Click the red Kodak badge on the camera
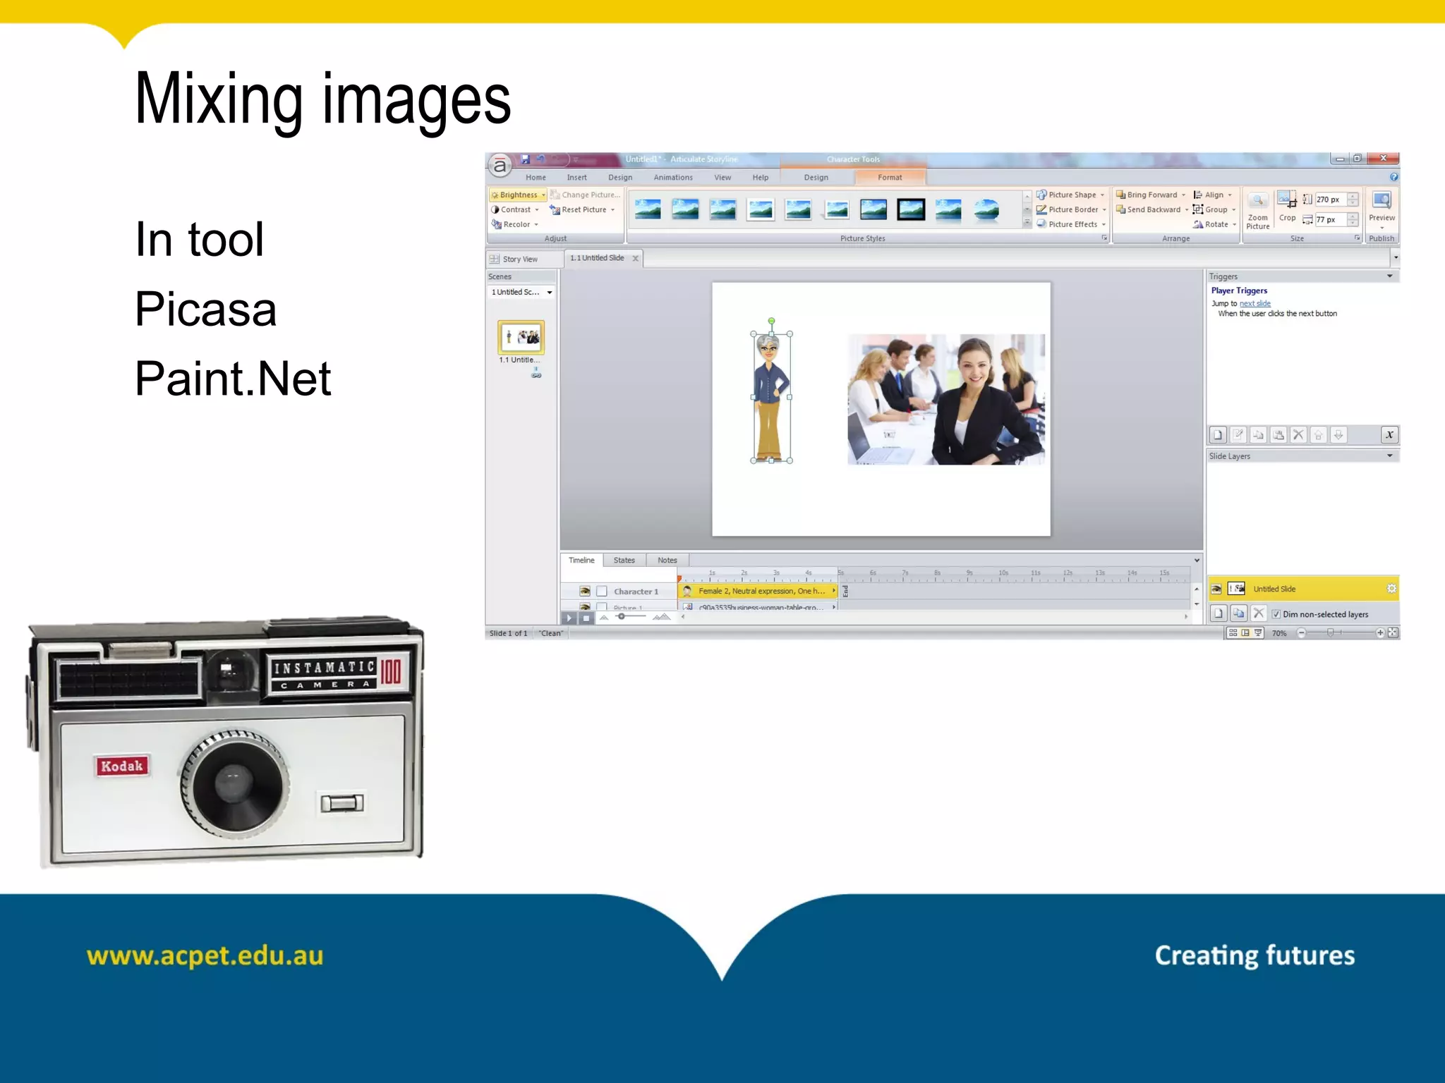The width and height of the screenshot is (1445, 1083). [121, 766]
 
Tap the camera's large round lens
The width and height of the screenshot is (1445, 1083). [234, 785]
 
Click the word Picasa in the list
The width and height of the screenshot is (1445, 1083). [205, 309]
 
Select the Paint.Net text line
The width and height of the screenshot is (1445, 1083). [233, 379]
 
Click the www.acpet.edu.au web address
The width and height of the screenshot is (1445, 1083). [205, 956]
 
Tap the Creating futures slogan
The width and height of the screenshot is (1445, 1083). [1254, 955]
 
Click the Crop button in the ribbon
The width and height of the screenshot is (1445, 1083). [1287, 208]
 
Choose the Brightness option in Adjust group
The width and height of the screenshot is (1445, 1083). [518, 195]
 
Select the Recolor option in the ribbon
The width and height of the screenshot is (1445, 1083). [516, 224]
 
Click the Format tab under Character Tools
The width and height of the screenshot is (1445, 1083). [890, 178]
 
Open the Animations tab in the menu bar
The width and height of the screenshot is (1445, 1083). [672, 178]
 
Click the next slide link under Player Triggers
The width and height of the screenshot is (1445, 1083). [1254, 304]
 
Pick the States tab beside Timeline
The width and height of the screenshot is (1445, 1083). [624, 561]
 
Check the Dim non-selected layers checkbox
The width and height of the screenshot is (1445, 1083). [1276, 614]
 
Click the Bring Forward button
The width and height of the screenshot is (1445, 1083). [1151, 195]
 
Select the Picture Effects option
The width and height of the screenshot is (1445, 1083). [1072, 224]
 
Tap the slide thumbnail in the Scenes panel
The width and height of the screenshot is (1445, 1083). [521, 337]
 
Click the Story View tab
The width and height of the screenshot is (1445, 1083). [519, 259]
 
